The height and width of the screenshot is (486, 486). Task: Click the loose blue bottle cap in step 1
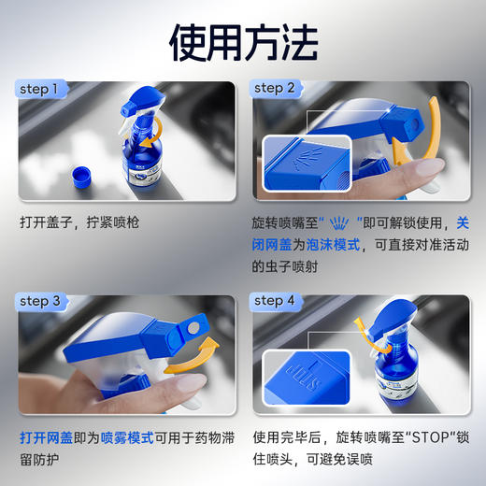(x=84, y=176)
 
